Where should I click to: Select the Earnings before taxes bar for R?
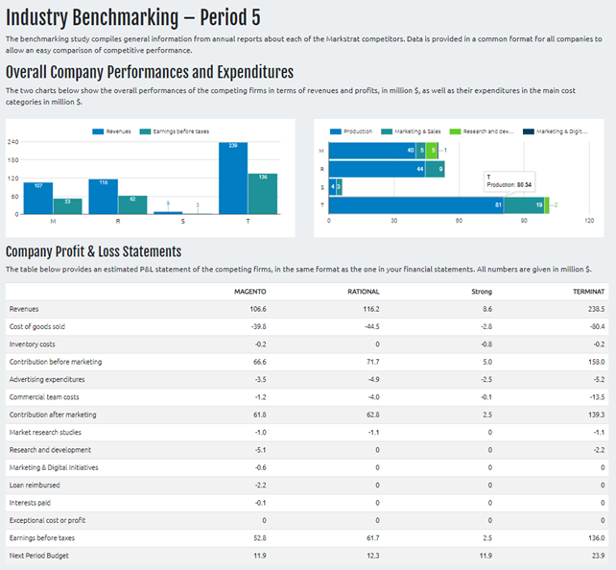click(132, 204)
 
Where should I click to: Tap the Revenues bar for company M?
click(37, 198)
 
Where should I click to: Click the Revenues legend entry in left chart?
click(113, 131)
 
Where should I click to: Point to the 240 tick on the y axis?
click(13, 142)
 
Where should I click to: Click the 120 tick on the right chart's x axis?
click(588, 220)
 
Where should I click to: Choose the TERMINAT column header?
click(588, 291)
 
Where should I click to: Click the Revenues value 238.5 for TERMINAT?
click(595, 309)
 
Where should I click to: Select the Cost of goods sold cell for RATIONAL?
click(367, 326)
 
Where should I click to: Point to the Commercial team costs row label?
click(44, 396)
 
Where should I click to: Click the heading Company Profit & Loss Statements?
click(93, 251)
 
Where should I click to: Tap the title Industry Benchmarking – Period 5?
click(132, 17)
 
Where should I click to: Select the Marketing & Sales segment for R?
click(440, 169)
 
